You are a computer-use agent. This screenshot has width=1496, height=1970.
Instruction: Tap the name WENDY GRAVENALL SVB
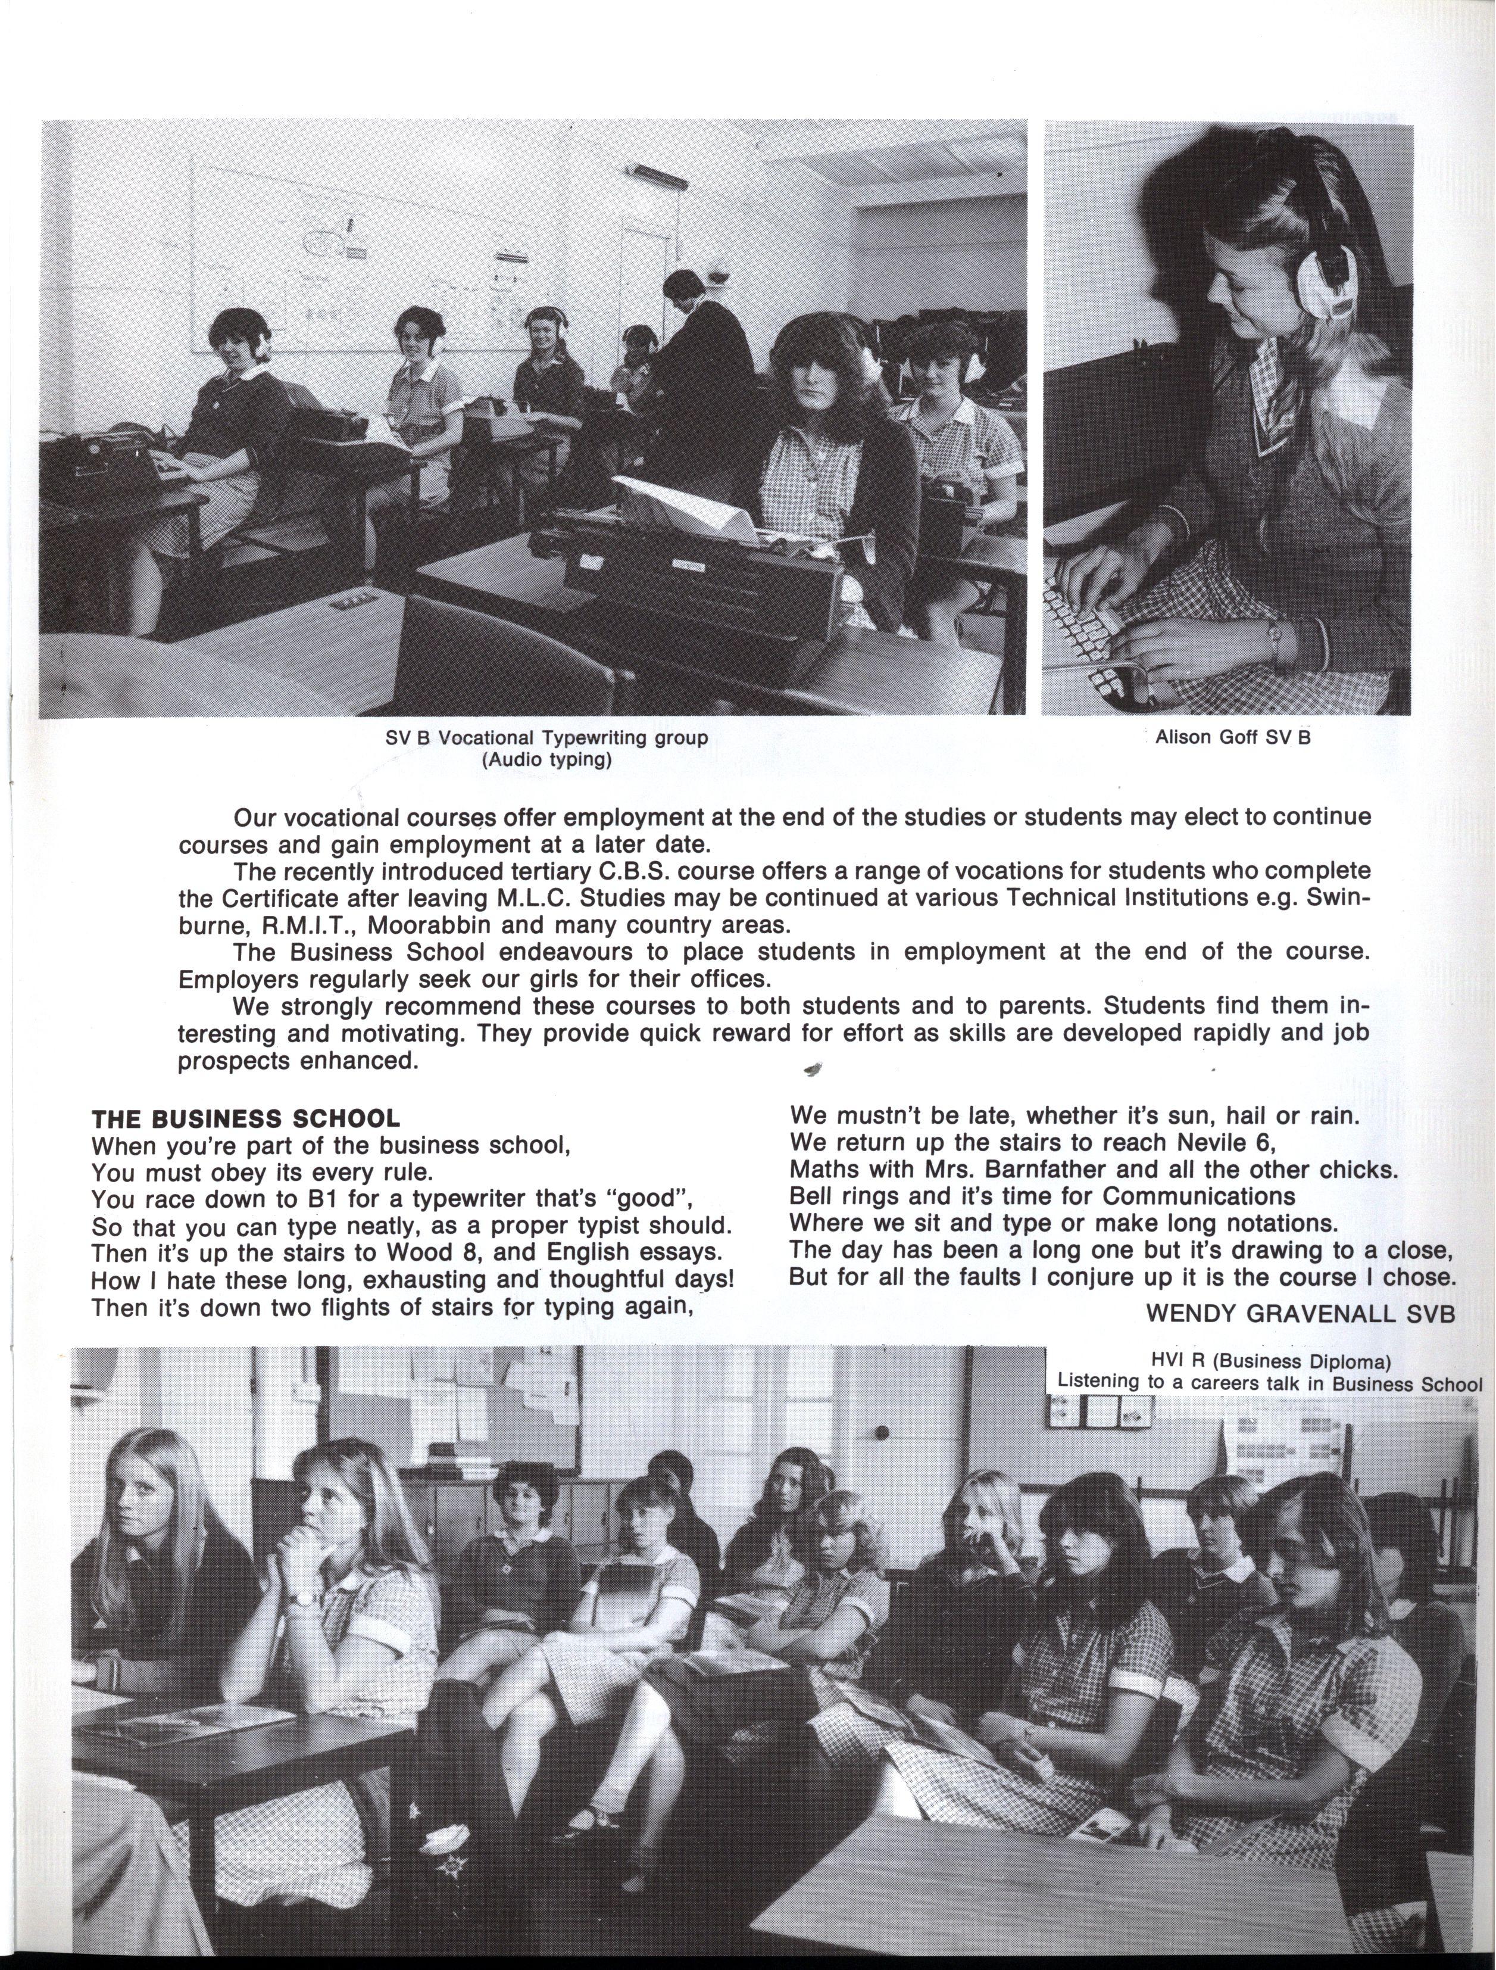tap(1301, 1312)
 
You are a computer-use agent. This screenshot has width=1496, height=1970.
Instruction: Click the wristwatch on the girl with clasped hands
tap(304, 1598)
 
